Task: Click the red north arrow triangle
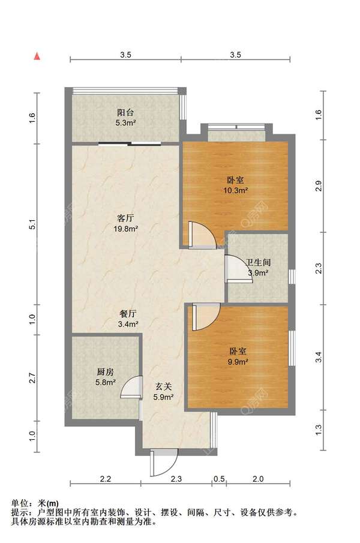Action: coord(37,56)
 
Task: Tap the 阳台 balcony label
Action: coord(125,113)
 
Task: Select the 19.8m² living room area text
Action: coord(126,229)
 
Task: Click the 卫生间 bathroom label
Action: coord(258,263)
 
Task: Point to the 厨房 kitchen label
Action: coord(105,372)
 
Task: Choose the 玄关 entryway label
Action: coord(163,386)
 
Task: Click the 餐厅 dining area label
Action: coord(128,314)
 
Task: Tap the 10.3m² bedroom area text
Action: coord(236,190)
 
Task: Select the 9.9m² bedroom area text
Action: coord(238,362)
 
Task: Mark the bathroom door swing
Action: coord(238,269)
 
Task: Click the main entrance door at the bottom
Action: coord(163,463)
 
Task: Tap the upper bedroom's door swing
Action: coord(202,235)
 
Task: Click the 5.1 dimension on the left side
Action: coord(32,224)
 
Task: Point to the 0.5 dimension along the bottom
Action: coord(219,479)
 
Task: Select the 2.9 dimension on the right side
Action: coord(319,186)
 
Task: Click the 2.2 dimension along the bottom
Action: coord(105,479)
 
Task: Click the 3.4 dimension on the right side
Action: coord(319,357)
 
